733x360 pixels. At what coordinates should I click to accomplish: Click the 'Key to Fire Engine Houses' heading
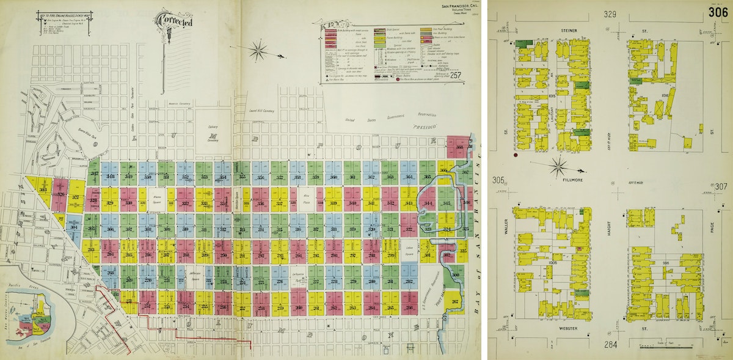[63, 13]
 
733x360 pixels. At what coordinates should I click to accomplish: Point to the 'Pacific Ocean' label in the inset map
[13, 286]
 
